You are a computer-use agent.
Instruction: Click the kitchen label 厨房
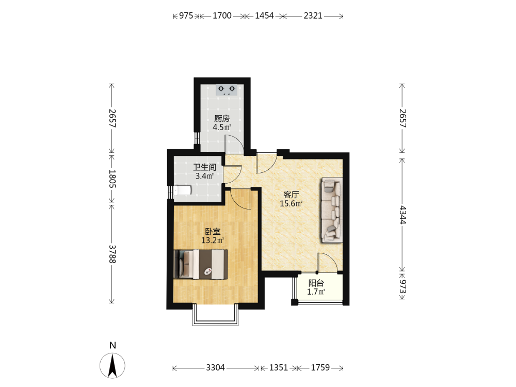pos(222,118)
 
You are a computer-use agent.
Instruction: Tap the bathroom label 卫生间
pos(205,167)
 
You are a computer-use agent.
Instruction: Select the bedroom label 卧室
pos(213,232)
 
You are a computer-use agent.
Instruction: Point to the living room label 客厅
pos(291,195)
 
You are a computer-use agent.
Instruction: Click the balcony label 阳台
pos(316,283)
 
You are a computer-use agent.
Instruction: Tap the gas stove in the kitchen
pos(227,90)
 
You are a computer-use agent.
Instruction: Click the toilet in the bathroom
pos(182,190)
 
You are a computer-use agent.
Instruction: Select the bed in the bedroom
pos(201,264)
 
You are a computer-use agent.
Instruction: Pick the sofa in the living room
pos(332,211)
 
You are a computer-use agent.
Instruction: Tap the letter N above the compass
pos(112,345)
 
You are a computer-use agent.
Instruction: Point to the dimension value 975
pos(186,16)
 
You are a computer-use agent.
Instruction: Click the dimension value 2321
pos(313,16)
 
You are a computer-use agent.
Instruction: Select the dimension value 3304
pos(216,367)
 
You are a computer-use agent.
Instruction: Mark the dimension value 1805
pos(112,179)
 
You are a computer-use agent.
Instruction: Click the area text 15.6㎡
pos(291,204)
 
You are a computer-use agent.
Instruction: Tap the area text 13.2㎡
pos(213,240)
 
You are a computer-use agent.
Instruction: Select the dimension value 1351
pos(279,367)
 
